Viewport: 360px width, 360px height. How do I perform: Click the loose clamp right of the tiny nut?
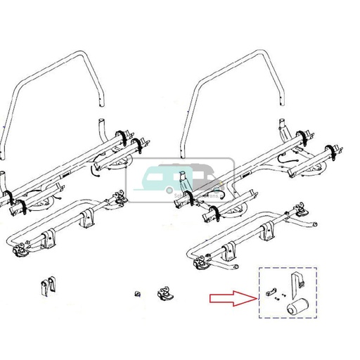click(166, 292)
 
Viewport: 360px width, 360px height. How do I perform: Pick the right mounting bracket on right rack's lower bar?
click(268, 229)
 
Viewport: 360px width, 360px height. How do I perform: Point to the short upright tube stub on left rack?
click(98, 129)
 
